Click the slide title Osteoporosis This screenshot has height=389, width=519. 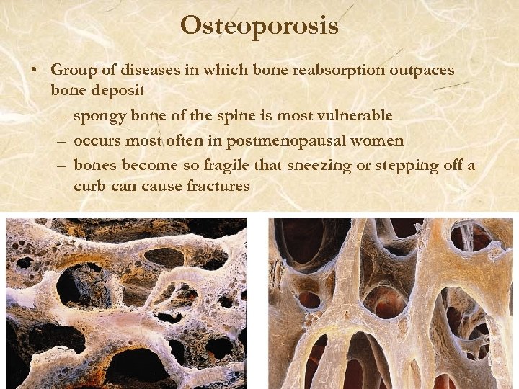point(259,26)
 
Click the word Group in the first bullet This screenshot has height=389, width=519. point(71,70)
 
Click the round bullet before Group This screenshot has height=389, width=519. point(34,70)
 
